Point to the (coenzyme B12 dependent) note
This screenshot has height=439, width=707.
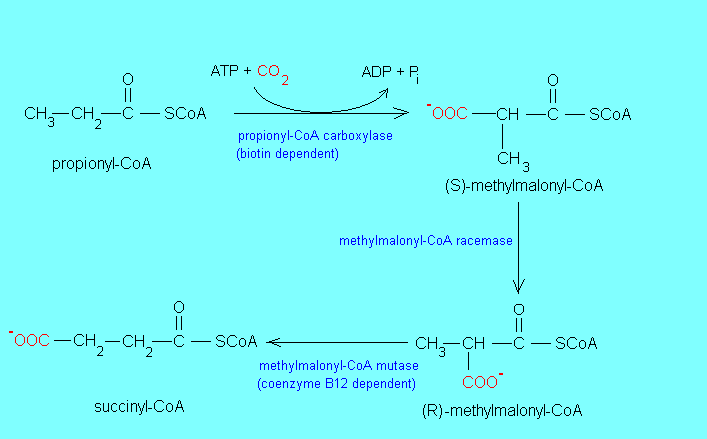coord(337,383)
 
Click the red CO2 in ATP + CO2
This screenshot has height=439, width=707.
coord(274,72)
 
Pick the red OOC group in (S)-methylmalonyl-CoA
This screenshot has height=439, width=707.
coord(450,114)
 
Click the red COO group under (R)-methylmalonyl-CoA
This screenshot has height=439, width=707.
coord(482,382)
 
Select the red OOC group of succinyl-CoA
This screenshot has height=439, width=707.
coord(31,341)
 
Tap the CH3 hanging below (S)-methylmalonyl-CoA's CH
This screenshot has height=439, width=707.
coord(512,159)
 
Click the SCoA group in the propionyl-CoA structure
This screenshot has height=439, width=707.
coord(184,113)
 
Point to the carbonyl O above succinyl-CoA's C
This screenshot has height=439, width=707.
coord(178,307)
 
